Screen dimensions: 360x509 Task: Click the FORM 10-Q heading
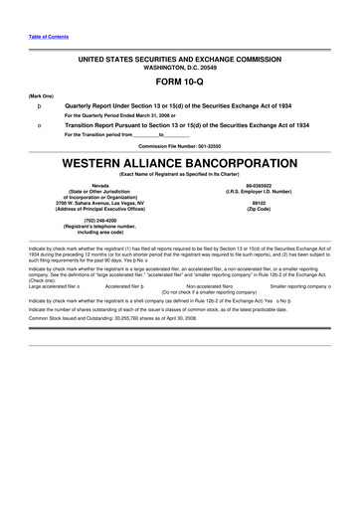(179, 83)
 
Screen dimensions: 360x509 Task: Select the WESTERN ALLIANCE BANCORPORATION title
(179, 161)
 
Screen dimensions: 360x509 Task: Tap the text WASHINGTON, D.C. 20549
(180, 67)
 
